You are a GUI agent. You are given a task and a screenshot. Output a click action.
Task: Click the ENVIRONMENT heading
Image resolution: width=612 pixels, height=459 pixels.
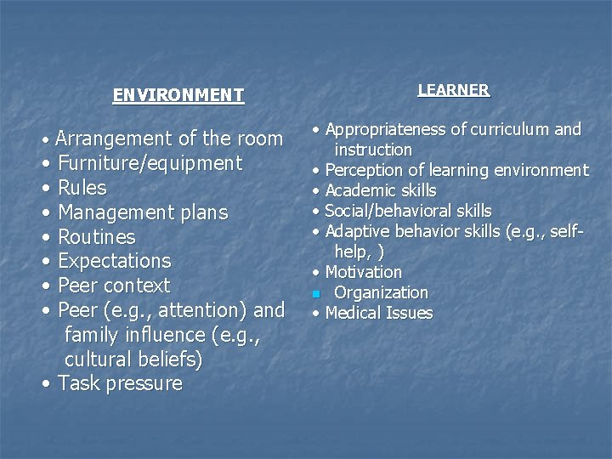tap(178, 95)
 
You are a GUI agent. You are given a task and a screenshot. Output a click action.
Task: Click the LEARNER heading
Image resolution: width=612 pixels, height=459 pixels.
tap(453, 90)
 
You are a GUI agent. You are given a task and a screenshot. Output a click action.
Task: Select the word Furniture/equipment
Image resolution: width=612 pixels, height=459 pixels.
tap(150, 163)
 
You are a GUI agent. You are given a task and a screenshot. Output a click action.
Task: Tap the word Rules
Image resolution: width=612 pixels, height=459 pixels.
tap(82, 188)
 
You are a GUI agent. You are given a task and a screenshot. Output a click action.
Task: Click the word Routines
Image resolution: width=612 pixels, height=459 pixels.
tap(97, 237)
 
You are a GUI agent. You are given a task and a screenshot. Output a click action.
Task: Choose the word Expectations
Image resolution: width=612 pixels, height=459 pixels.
tap(115, 261)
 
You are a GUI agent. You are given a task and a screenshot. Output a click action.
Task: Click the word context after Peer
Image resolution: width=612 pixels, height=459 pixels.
tap(137, 286)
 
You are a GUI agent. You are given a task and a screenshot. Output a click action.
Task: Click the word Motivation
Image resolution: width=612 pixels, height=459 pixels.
tap(364, 272)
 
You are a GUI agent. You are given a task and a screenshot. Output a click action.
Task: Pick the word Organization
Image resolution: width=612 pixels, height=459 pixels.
tap(382, 292)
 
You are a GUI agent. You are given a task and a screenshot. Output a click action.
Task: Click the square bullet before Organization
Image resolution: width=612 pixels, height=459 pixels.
tap(315, 294)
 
